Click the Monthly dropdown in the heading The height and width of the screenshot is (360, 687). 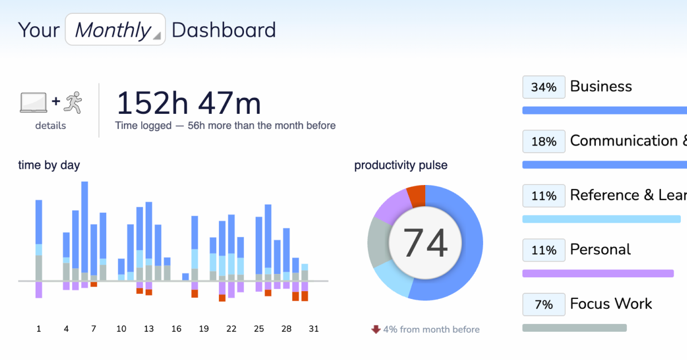pyautogui.click(x=115, y=29)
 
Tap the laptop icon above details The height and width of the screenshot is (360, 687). pyautogui.click(x=33, y=103)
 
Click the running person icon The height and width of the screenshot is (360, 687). pyautogui.click(x=73, y=102)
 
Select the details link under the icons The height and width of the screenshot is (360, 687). pyautogui.click(x=51, y=126)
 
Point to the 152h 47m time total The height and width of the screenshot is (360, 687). pyautogui.click(x=188, y=103)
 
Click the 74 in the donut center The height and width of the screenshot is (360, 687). pyautogui.click(x=425, y=243)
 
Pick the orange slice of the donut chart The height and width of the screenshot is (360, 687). pyautogui.click(x=416, y=196)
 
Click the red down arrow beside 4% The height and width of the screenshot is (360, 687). pyautogui.click(x=376, y=329)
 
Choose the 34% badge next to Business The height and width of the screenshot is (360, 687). pyautogui.click(x=544, y=87)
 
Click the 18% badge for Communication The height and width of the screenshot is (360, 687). pyautogui.click(x=544, y=142)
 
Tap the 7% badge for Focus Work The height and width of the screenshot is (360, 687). pyautogui.click(x=544, y=304)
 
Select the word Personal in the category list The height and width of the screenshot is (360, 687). pyautogui.click(x=600, y=249)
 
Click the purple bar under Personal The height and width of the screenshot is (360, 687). pyautogui.click(x=598, y=273)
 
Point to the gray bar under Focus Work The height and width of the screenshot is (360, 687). pyautogui.click(x=574, y=328)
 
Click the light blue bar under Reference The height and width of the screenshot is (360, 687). pyautogui.click(x=601, y=219)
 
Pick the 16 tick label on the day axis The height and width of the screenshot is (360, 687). pyautogui.click(x=176, y=329)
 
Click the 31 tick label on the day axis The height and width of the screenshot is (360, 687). pyautogui.click(x=313, y=329)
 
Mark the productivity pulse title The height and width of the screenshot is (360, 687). pyautogui.click(x=401, y=165)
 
